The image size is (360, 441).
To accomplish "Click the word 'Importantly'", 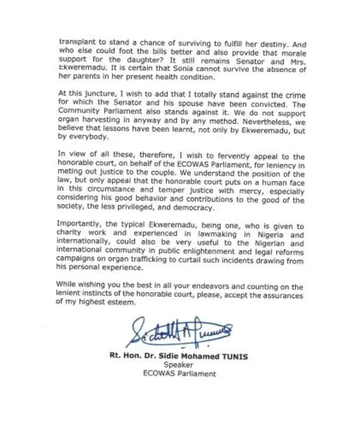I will tap(80, 224).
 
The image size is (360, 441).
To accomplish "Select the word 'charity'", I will tap(71, 236).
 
